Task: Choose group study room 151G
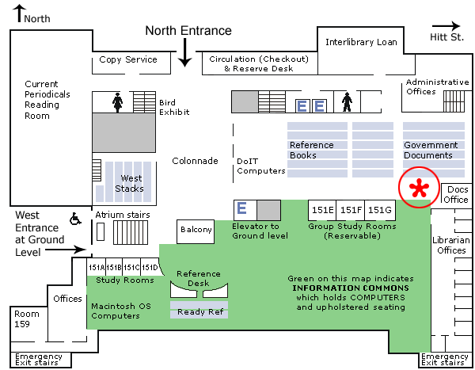pos(379,210)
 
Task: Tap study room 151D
pos(150,267)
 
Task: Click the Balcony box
pos(196,231)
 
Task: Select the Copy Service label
pos(128,60)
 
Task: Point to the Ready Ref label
pos(199,312)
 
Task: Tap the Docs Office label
pos(458,195)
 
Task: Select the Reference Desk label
pos(199,279)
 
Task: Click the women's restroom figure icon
pos(117,101)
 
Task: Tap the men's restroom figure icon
pos(346,102)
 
